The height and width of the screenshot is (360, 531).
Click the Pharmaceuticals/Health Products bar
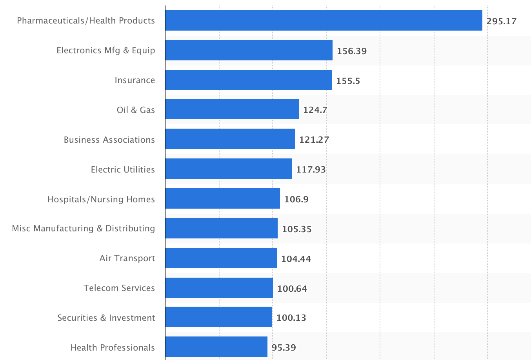324,20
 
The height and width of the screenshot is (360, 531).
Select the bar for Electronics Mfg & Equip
249,50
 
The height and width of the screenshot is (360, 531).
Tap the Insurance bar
248,80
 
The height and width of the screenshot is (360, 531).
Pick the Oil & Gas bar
232,109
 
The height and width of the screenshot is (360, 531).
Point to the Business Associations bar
230,139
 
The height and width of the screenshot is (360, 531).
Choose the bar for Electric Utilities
228,169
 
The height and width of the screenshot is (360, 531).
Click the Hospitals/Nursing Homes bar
222,198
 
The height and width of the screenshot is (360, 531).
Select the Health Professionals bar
216,347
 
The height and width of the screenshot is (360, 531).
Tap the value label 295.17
501,21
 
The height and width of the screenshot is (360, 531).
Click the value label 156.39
351,51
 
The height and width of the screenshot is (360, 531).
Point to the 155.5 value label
348,81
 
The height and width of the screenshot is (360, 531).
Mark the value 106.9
296,199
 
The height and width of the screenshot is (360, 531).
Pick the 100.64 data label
292,289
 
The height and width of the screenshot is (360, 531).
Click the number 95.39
284,347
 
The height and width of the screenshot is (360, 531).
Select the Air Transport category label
127,258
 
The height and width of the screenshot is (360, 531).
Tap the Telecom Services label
119,288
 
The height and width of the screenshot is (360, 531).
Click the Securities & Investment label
106,318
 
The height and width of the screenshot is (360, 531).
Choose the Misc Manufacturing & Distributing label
84,228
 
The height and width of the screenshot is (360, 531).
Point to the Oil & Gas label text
136,110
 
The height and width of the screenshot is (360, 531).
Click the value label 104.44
296,259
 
